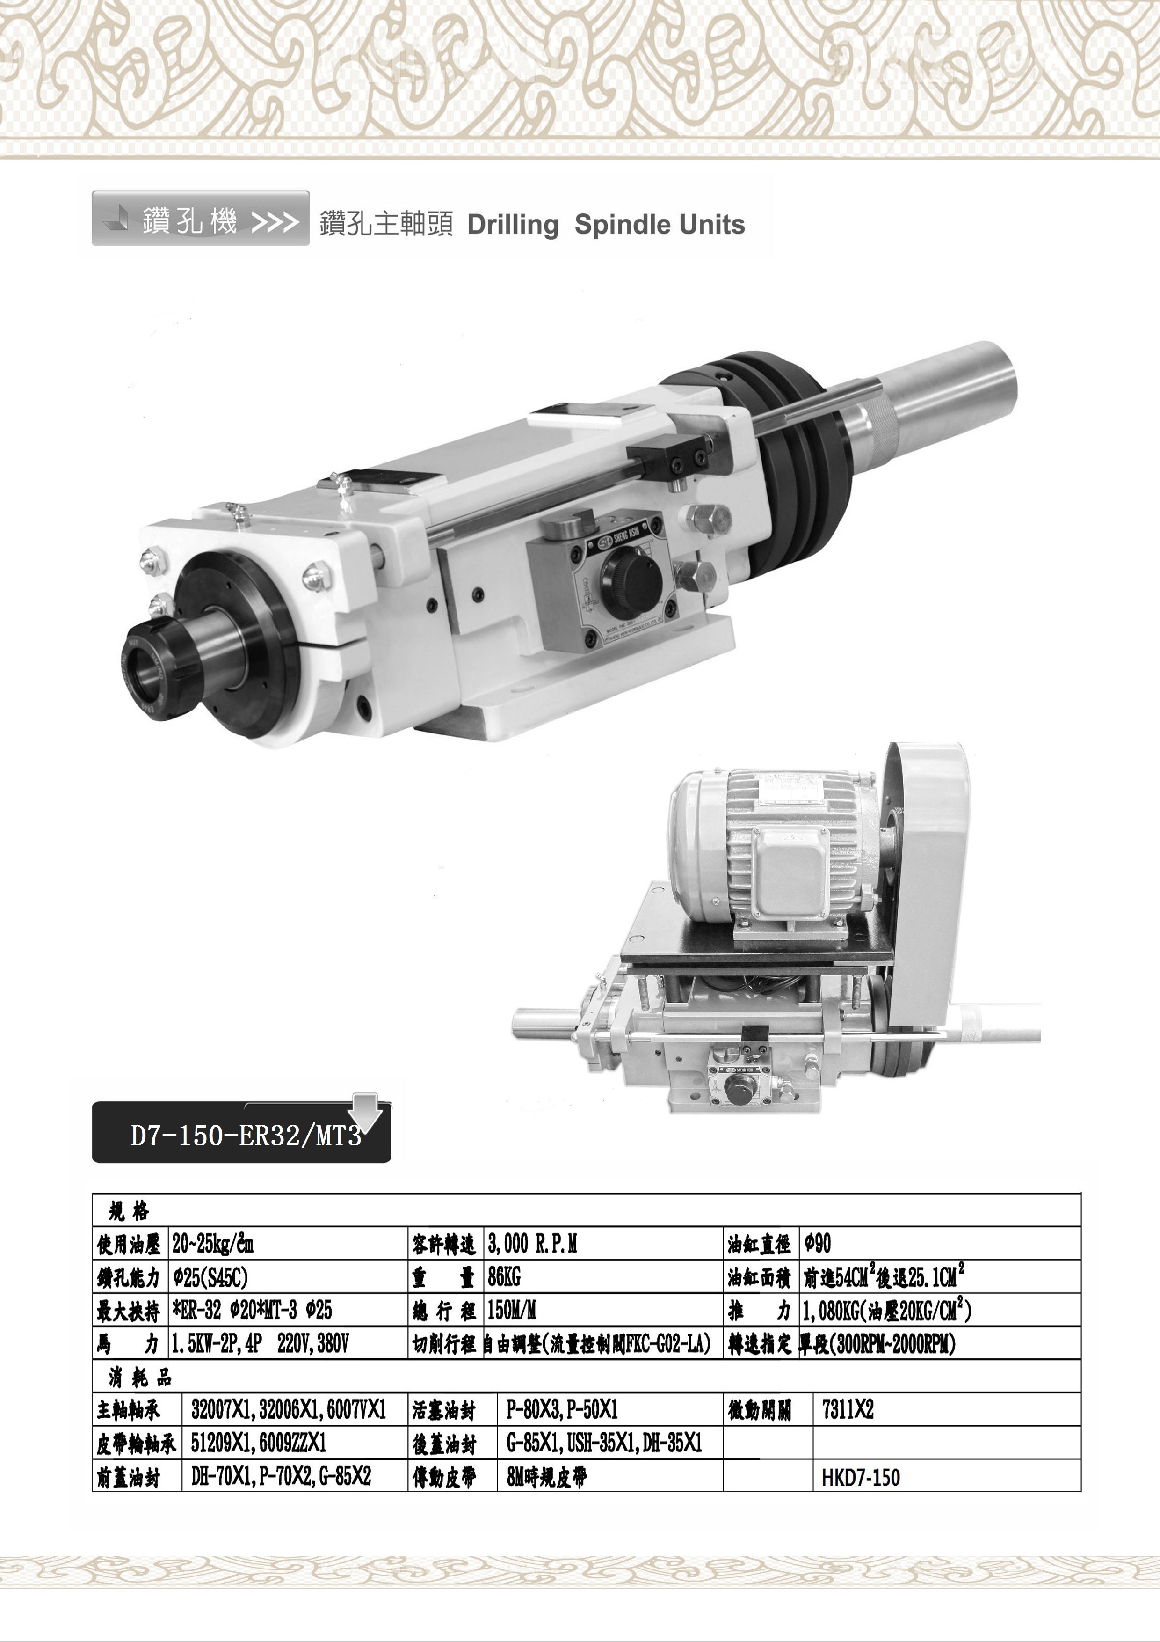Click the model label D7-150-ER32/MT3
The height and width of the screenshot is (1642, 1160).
coord(246,1136)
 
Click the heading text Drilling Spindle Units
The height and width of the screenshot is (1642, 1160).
coord(606,225)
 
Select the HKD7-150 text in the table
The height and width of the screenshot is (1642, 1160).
coord(861,1478)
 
